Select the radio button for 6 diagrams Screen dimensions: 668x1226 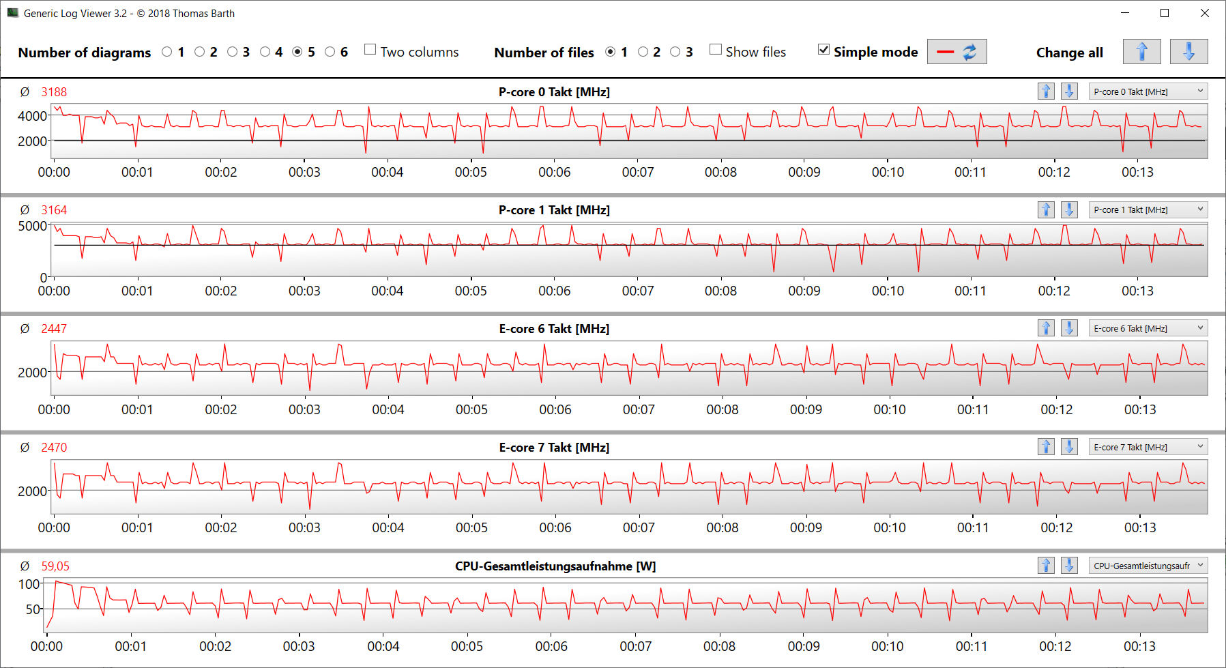click(x=330, y=52)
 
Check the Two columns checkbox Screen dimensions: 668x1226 click(x=370, y=49)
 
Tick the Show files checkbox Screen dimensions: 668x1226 click(x=716, y=49)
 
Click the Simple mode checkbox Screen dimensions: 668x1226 click(x=824, y=49)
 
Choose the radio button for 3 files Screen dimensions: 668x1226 click(x=675, y=52)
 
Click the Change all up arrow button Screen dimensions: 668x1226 click(x=1141, y=52)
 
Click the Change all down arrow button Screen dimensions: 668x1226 click(x=1188, y=52)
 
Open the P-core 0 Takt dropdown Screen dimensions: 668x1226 click(x=1148, y=91)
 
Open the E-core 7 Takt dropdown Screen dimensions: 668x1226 click(x=1148, y=447)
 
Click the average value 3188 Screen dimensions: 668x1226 click(x=54, y=92)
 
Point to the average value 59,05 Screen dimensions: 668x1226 click(x=55, y=566)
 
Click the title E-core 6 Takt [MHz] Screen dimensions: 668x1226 click(x=554, y=329)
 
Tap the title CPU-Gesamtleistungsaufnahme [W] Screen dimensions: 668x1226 click(x=555, y=566)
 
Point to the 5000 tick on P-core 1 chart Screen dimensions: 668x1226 click(x=33, y=226)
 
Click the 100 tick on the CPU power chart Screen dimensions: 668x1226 click(x=29, y=584)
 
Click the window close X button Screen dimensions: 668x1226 click(x=1205, y=13)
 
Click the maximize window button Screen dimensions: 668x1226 click(x=1165, y=13)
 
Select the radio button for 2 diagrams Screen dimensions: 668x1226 click(x=200, y=52)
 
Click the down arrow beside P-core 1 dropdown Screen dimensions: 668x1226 click(x=1069, y=209)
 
